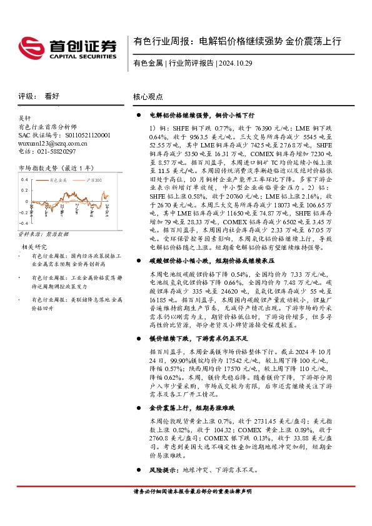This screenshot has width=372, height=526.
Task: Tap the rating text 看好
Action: [x=52, y=96]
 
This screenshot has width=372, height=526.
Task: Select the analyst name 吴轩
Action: [x=25, y=118]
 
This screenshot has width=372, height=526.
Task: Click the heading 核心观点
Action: [x=148, y=97]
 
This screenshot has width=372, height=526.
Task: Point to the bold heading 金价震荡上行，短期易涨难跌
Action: [x=192, y=407]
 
